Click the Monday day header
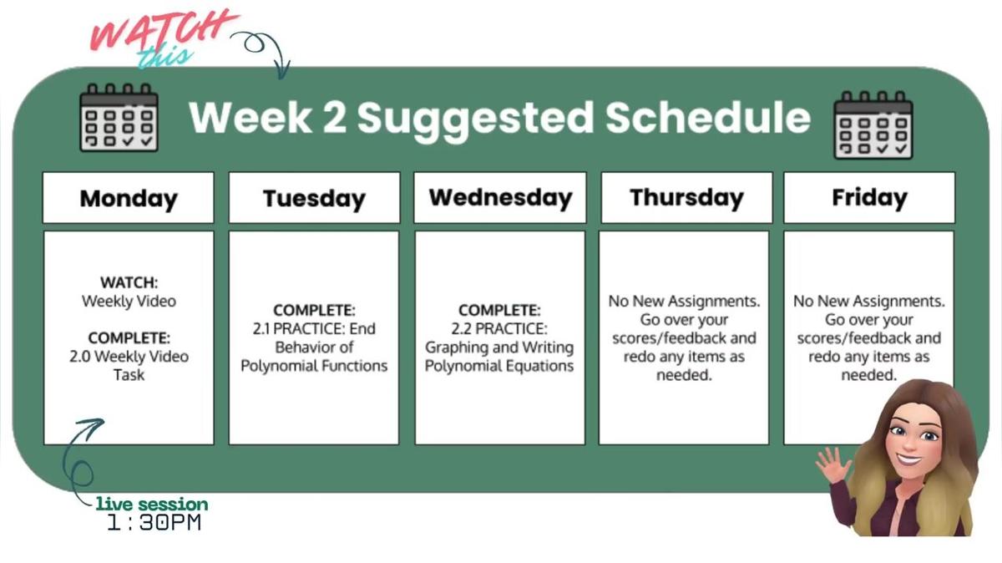[129, 198]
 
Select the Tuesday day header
[314, 198]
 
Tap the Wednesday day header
[500, 198]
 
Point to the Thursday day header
[686, 198]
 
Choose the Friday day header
[869, 198]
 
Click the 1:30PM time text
[154, 524]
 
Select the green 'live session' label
[152, 505]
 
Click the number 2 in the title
[333, 118]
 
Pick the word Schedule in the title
[708, 118]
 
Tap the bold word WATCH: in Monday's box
[129, 282]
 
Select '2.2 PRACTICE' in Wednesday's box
[499, 329]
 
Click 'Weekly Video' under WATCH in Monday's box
[129, 301]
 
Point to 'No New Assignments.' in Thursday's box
[684, 301]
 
